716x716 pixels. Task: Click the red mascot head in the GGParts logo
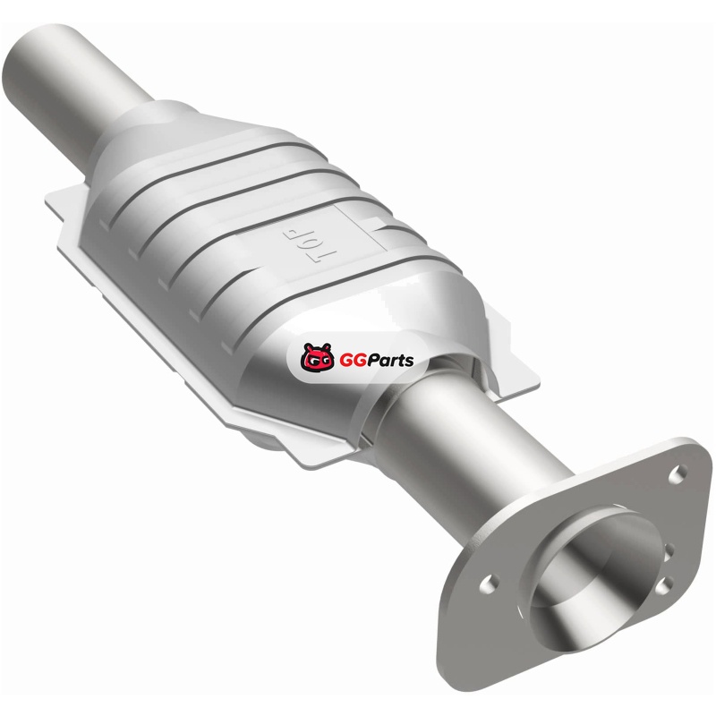pos(317,356)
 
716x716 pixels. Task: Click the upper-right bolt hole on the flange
pos(678,474)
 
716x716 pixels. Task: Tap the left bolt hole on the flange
pos(490,584)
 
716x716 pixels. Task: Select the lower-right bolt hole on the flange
pos(663,586)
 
